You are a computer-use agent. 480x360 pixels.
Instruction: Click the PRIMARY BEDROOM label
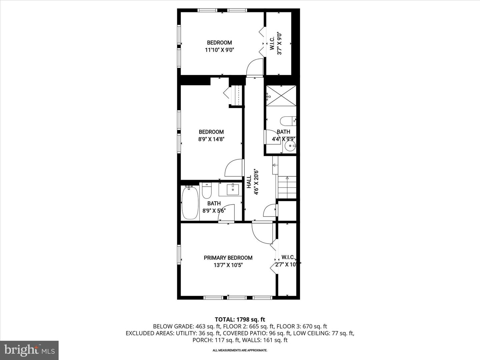click(228, 258)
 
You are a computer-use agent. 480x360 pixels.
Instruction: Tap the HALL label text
click(249, 182)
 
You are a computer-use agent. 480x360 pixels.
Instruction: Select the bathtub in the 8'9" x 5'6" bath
click(190, 203)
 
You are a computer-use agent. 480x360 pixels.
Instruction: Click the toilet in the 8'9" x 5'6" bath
click(207, 191)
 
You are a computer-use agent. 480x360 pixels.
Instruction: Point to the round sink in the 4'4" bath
click(290, 146)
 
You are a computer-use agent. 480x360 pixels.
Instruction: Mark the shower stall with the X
click(281, 96)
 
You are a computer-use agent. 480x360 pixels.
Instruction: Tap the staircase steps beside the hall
click(287, 187)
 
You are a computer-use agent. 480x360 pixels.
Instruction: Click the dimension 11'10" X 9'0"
click(219, 50)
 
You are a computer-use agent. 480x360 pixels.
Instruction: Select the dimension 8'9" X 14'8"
click(211, 139)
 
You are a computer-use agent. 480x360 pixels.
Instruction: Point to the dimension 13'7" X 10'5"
click(228, 265)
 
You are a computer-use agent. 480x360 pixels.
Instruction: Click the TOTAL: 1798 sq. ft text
click(240, 319)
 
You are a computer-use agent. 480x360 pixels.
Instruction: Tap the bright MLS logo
click(29, 350)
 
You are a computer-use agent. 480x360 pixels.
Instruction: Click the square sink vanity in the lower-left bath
click(233, 189)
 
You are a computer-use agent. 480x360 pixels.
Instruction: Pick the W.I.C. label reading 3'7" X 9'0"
click(276, 43)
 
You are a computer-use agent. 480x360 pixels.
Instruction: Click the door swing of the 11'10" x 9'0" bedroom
click(255, 68)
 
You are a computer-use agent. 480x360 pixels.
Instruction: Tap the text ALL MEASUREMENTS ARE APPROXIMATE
click(240, 350)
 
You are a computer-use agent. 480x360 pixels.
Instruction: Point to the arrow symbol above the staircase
click(275, 165)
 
